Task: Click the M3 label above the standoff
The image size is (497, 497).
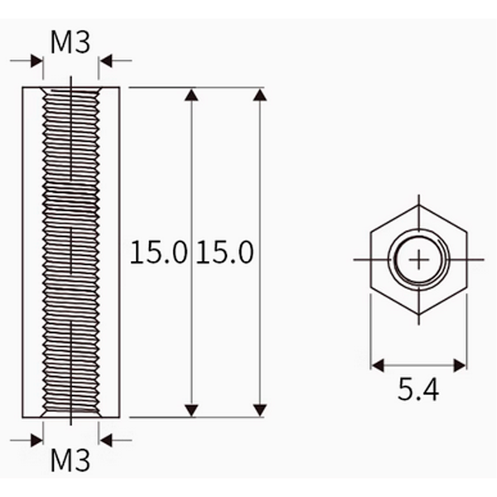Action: pyautogui.click(x=70, y=42)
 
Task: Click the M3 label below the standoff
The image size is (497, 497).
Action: pyautogui.click(x=70, y=461)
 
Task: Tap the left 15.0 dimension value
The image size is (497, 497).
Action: pyautogui.click(x=158, y=253)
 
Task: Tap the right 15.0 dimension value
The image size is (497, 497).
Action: pyautogui.click(x=224, y=253)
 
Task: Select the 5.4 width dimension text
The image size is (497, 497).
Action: pyautogui.click(x=418, y=389)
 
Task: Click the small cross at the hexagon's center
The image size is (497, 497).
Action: pyautogui.click(x=419, y=260)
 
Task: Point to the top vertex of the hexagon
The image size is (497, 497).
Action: pyautogui.click(x=419, y=205)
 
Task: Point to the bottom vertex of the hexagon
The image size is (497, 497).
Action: pyautogui.click(x=419, y=315)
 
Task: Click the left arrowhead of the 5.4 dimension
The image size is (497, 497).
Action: pyautogui.click(x=377, y=365)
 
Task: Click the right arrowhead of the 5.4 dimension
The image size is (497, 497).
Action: pyautogui.click(x=461, y=365)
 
